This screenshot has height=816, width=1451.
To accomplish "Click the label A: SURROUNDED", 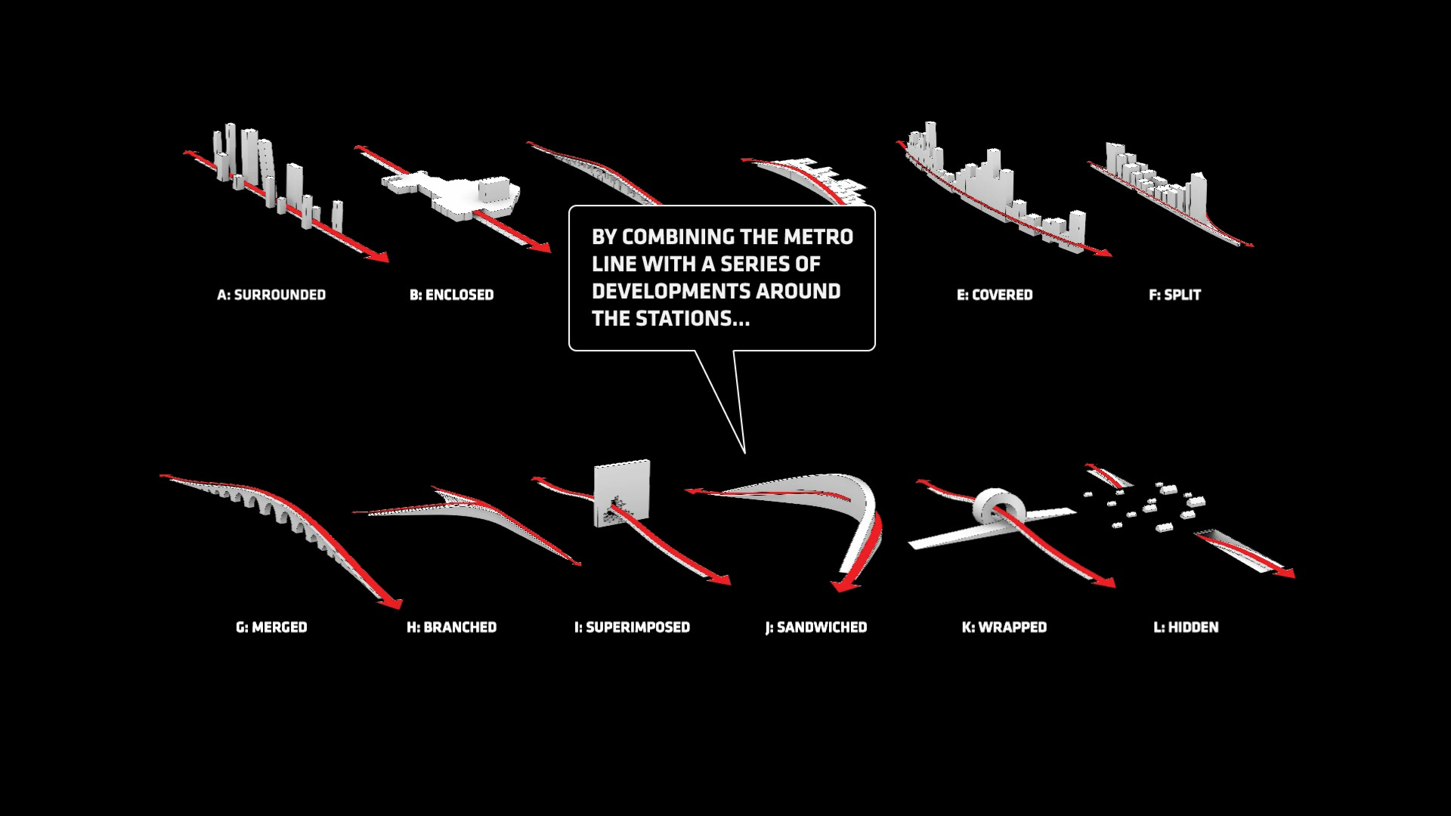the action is point(271,295).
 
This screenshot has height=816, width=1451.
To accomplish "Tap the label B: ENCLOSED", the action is point(451,295).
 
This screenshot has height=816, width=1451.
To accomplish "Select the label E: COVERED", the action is point(995,295).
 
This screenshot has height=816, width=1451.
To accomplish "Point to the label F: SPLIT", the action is point(1174,295).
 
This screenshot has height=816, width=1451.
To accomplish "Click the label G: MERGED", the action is point(271,627).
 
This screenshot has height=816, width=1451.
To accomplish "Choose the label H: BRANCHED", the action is point(451,627).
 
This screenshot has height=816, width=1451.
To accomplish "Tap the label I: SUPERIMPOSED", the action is point(632,627).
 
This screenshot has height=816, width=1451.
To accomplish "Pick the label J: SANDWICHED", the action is point(815,627).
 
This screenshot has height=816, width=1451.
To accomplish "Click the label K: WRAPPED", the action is point(1004,627).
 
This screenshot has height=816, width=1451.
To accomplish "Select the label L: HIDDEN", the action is point(1186,627).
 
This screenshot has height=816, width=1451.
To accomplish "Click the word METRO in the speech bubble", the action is point(818,237).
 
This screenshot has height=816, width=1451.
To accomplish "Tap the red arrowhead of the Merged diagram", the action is point(391,602).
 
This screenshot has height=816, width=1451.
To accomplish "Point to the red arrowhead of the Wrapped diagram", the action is point(1105,582).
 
